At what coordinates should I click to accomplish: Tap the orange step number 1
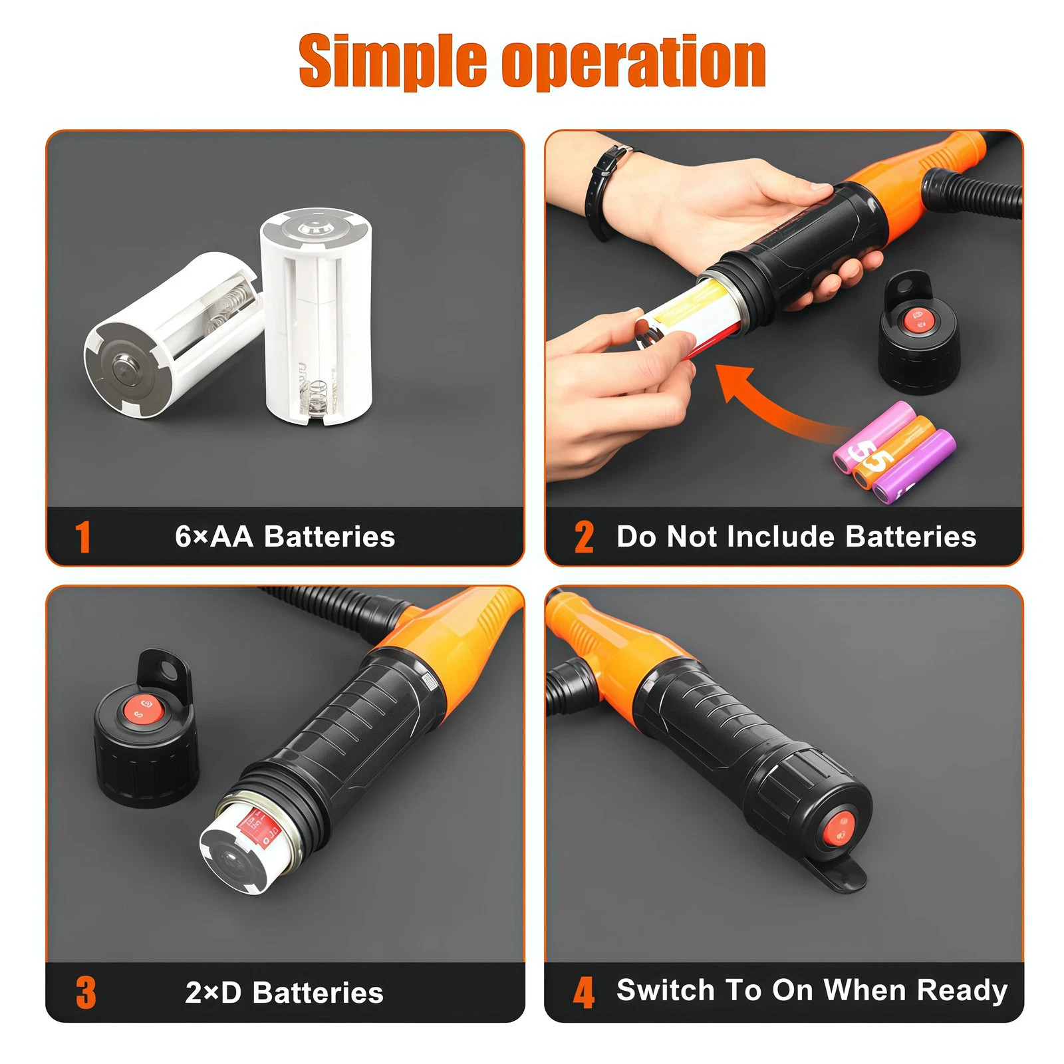tap(82, 537)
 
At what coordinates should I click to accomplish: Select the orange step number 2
tap(583, 537)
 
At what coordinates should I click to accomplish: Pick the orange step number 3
tap(86, 992)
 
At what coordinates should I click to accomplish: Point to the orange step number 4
tap(583, 992)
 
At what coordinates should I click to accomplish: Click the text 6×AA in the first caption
tap(213, 537)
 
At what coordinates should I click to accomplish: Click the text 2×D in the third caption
tap(213, 992)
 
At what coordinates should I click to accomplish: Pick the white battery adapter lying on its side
tap(170, 336)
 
